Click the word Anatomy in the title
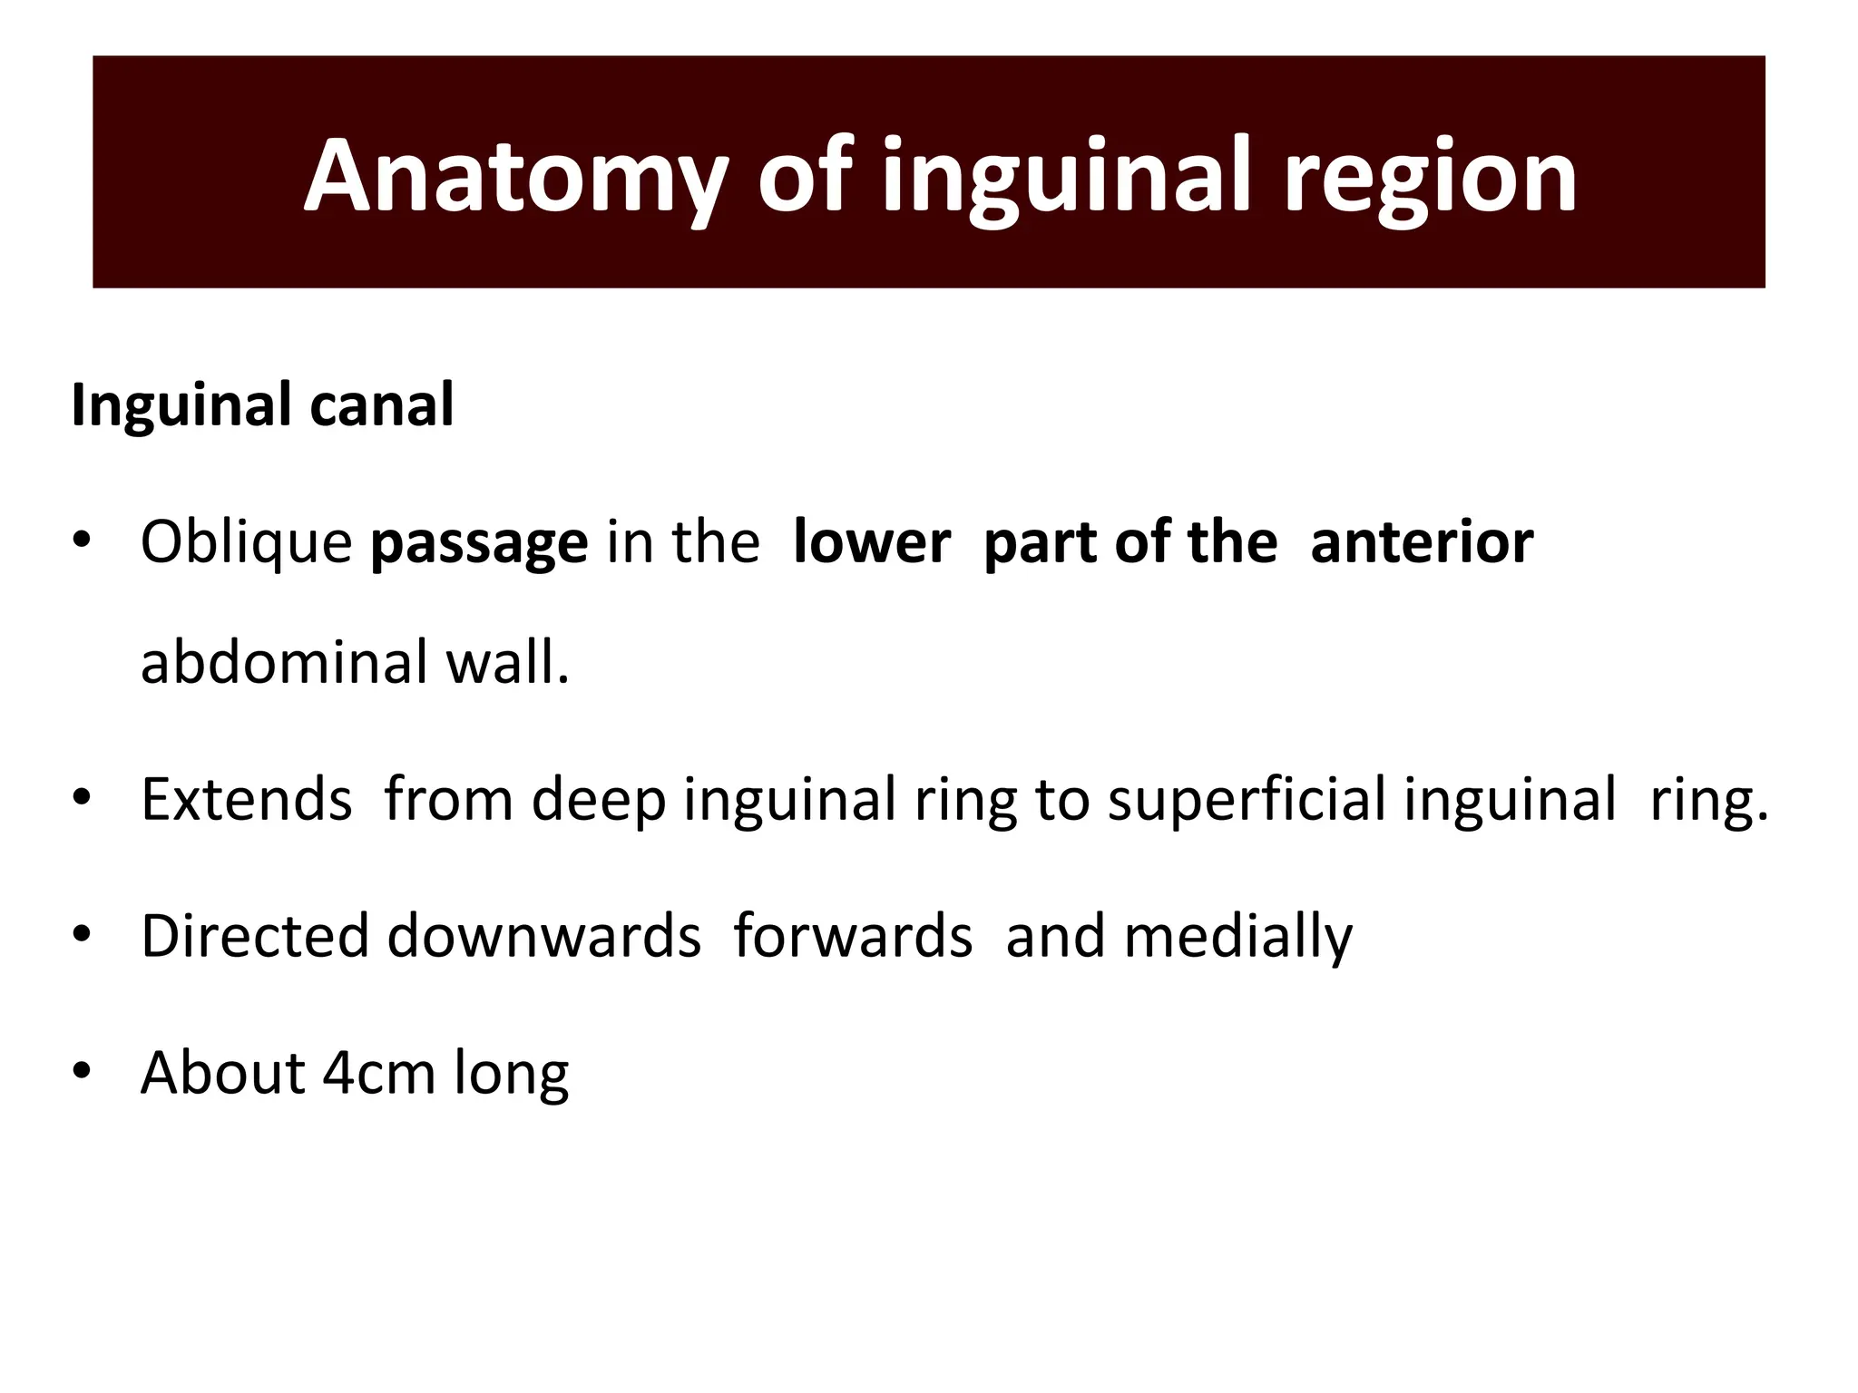[515, 178]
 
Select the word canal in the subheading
[381, 404]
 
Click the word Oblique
[246, 543]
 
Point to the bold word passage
[479, 543]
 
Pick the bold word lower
[872, 541]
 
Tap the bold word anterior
[1422, 541]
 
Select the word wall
[508, 662]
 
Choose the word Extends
[246, 800]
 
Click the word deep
[599, 800]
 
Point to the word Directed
[255, 936]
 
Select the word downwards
[544, 936]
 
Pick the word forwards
[853, 936]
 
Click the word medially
[1237, 938]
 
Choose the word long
[512, 1075]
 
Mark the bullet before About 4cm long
[83, 1071]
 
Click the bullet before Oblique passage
[83, 541]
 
